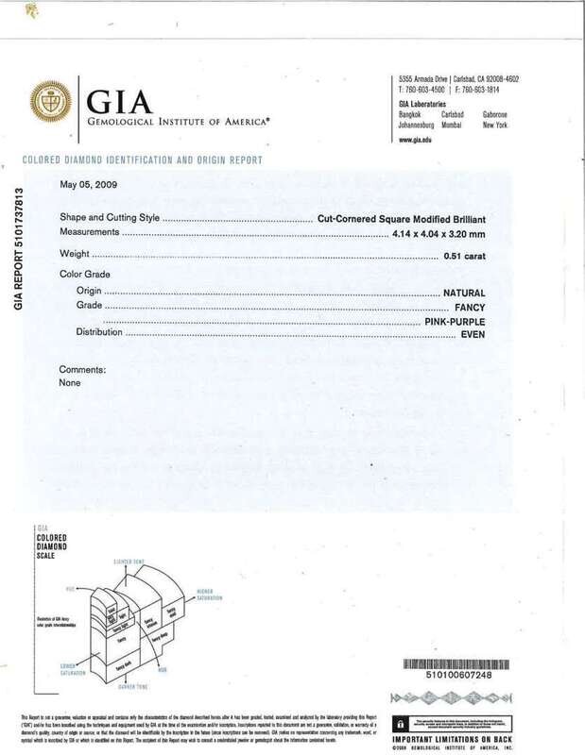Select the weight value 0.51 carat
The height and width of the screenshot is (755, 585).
pyautogui.click(x=465, y=256)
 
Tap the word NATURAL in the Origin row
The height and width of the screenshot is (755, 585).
pyautogui.click(x=468, y=294)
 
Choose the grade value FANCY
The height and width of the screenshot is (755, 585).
pyautogui.click(x=473, y=308)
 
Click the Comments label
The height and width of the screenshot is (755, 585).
pyautogui.click(x=82, y=370)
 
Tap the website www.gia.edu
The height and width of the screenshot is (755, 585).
pyautogui.click(x=416, y=140)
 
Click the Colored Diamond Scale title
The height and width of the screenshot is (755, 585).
pyautogui.click(x=45, y=544)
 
